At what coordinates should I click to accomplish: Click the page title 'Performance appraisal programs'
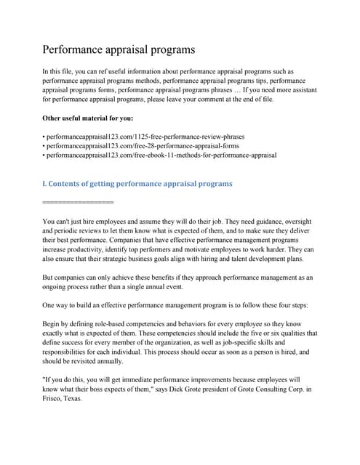(x=119, y=50)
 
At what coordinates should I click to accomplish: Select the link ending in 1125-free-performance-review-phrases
(x=145, y=136)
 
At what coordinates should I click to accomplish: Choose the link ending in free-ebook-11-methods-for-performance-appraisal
(x=160, y=155)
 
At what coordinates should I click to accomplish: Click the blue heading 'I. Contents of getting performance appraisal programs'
(x=137, y=184)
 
